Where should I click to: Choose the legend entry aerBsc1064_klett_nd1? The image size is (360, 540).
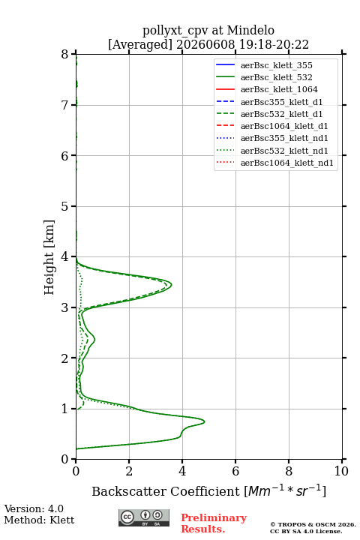274,163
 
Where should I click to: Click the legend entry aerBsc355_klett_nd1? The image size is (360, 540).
271,138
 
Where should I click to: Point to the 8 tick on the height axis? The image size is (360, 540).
73,54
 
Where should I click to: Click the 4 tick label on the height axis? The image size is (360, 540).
64,256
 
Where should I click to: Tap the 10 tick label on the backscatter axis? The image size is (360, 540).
341,471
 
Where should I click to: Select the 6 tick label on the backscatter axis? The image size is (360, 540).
235,471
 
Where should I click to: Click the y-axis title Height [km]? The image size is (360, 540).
49,257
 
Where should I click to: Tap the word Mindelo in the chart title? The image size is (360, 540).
250,30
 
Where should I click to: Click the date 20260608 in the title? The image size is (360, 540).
205,44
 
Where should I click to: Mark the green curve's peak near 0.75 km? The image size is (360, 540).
205,421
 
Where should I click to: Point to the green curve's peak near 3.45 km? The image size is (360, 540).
172,285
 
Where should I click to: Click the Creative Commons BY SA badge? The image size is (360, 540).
144,518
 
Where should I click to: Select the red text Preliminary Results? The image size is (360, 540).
214,523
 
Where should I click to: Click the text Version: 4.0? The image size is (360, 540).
34,508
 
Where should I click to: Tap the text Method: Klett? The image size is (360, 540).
39,520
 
